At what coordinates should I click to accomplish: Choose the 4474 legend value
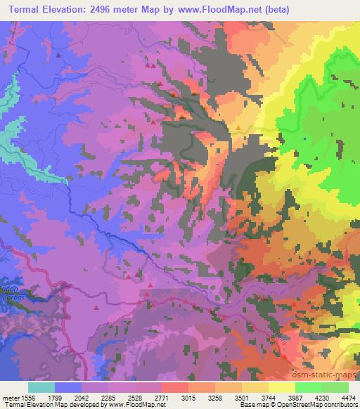coord(347,397)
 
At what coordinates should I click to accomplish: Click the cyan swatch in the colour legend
coord(41,387)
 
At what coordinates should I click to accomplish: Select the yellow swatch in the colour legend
coord(281,387)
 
